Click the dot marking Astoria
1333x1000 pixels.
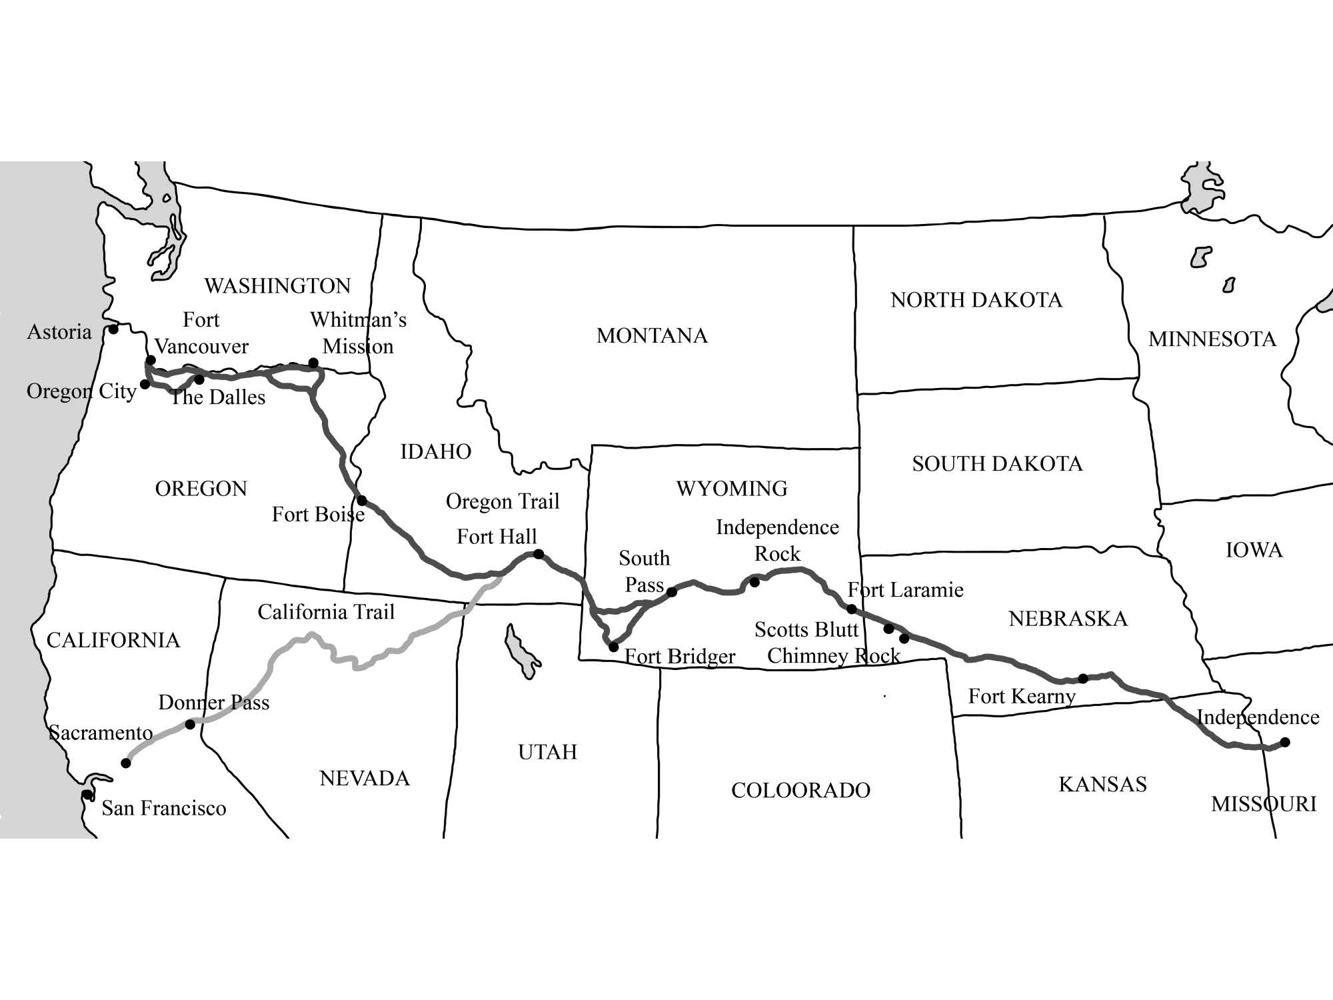tap(113, 329)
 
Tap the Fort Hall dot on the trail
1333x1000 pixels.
tap(539, 554)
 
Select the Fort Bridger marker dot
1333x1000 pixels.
tap(613, 647)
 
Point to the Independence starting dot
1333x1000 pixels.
tap(1285, 742)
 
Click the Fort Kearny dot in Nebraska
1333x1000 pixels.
tap(1083, 679)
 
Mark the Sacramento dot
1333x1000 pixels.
tap(126, 763)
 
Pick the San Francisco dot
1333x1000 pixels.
tap(87, 794)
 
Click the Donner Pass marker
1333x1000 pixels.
tap(190, 724)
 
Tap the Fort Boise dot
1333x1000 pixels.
tap(362, 500)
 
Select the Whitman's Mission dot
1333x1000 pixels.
tap(313, 363)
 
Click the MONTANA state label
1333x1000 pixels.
tap(652, 335)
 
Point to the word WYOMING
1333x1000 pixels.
tap(732, 489)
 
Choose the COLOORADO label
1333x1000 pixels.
tap(800, 790)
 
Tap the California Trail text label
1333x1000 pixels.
tap(326, 612)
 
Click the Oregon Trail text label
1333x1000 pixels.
tap(503, 501)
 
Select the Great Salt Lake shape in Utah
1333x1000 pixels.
tap(520, 651)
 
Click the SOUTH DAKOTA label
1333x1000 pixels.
tap(997, 463)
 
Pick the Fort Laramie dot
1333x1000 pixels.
tap(851, 609)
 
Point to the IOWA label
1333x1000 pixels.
tap(1254, 550)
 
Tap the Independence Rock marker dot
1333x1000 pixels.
tap(754, 582)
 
